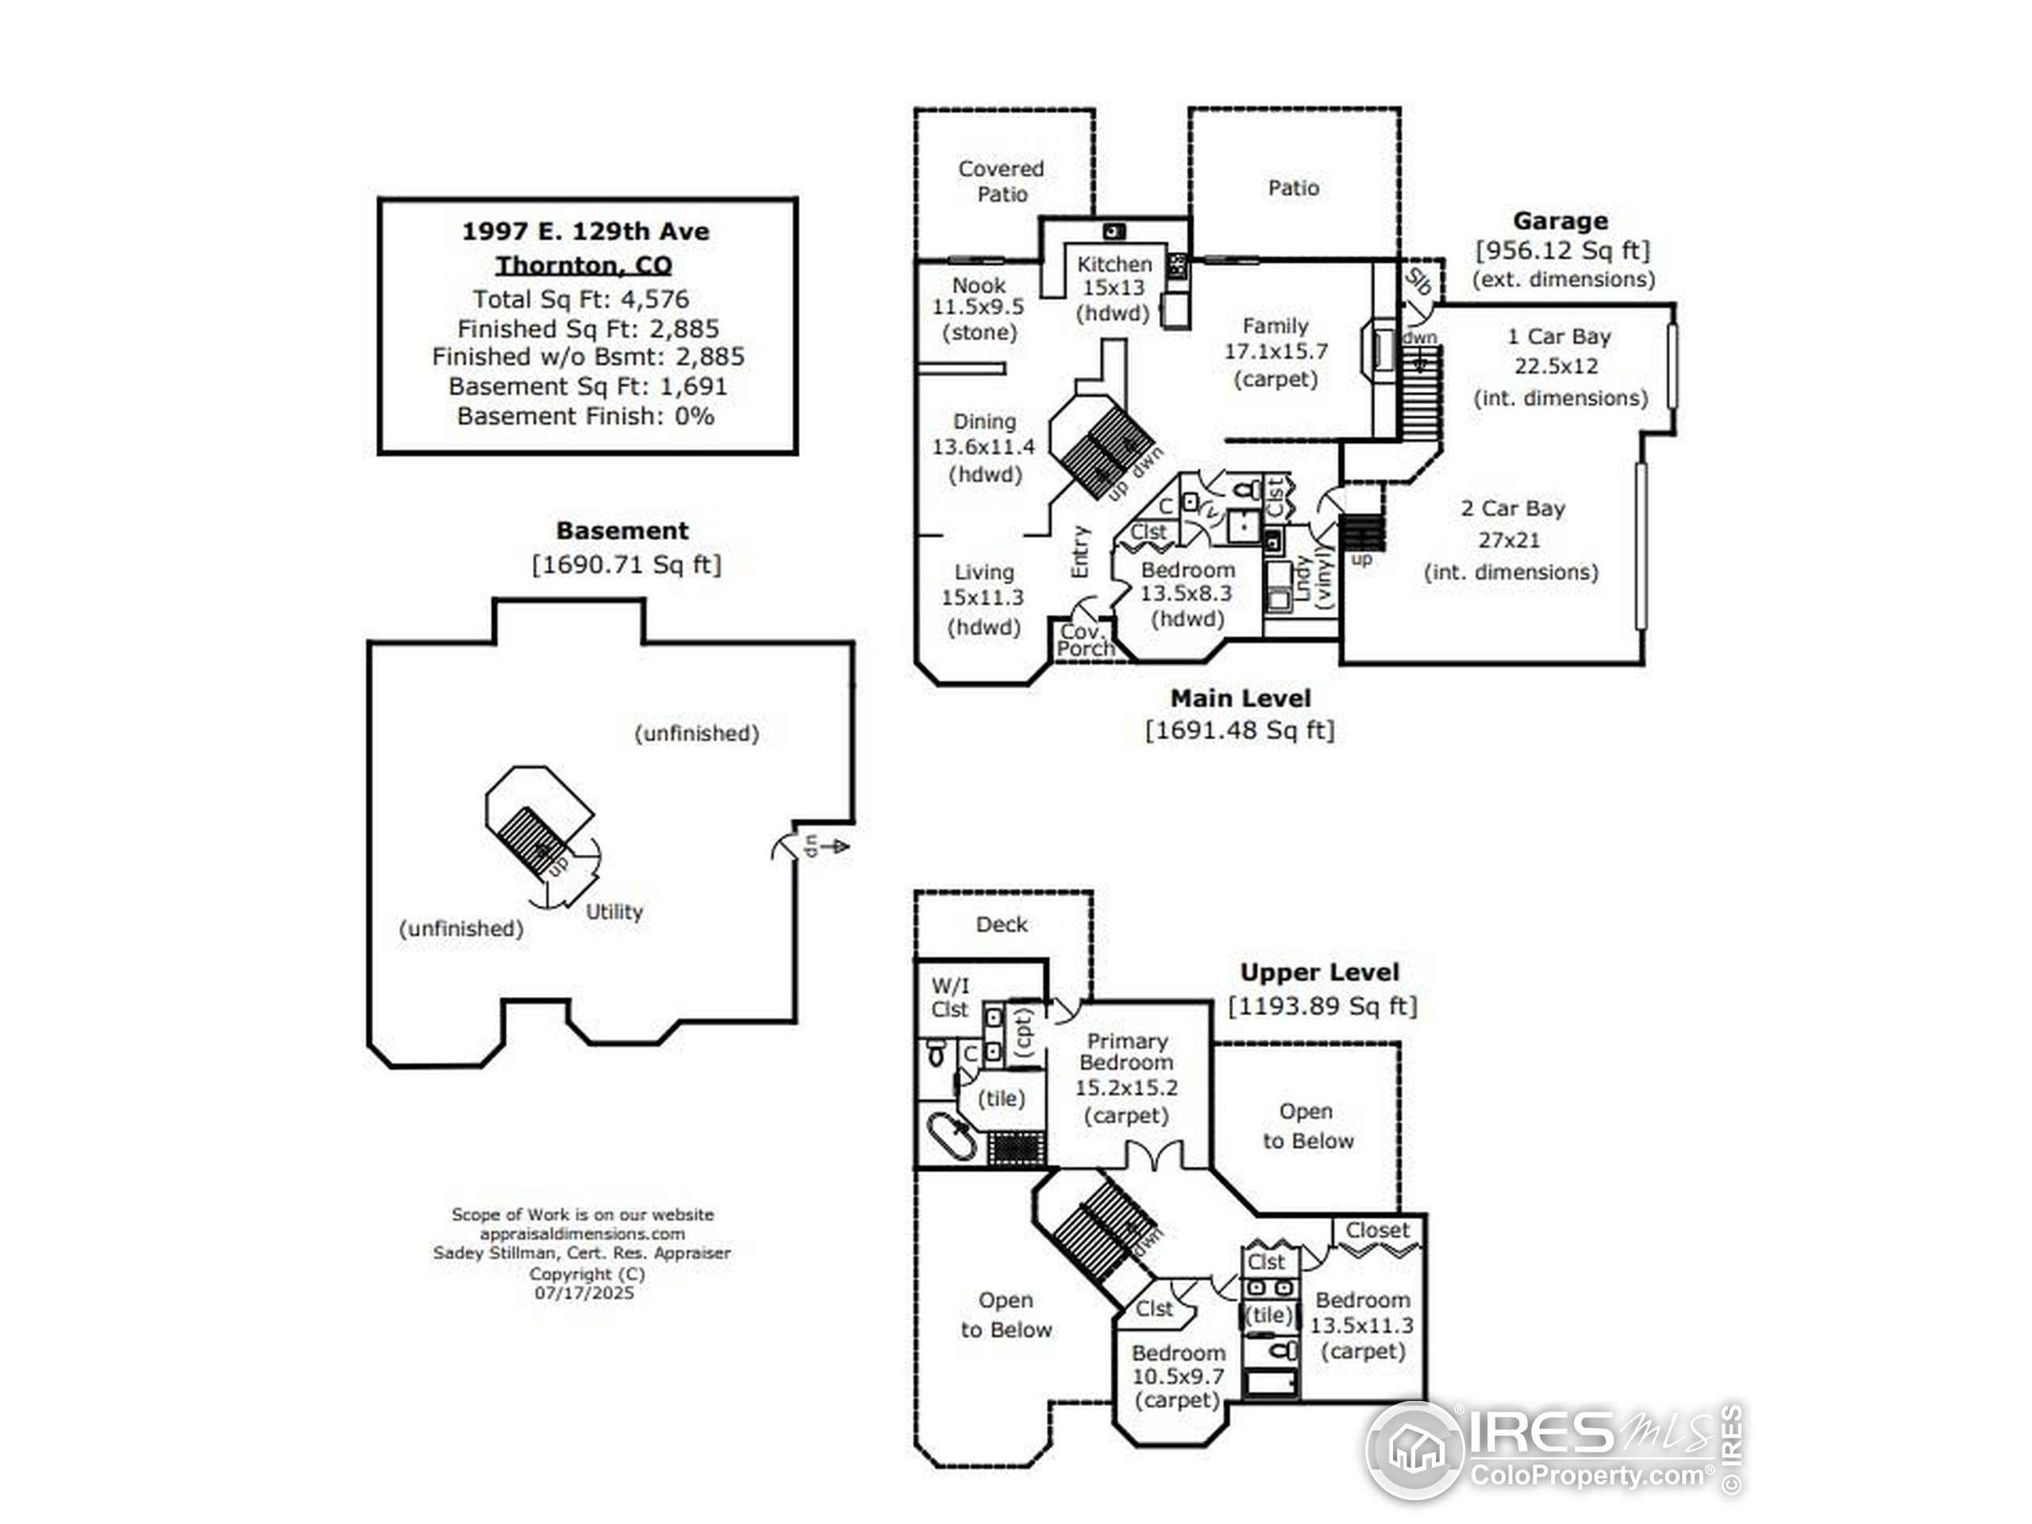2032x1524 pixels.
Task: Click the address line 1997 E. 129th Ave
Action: pos(585,232)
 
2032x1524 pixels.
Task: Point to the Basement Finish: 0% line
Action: pos(585,416)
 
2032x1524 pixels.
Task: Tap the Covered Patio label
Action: pos(1001,182)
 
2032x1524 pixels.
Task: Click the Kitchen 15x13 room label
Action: pos(1114,288)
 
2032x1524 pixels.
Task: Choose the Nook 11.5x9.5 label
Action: pos(979,309)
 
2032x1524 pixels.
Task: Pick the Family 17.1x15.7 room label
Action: pos(1275,352)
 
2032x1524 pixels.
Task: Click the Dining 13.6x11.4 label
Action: pos(983,448)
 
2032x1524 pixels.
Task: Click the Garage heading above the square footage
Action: pos(1560,221)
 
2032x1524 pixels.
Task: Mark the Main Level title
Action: pos(1240,698)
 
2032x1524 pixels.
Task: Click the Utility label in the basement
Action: pos(614,912)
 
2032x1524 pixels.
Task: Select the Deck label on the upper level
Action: pos(1001,924)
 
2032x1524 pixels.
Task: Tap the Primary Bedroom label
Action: pos(1126,1052)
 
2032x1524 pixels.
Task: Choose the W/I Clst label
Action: pos(950,998)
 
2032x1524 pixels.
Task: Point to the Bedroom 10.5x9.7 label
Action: pos(1178,1376)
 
